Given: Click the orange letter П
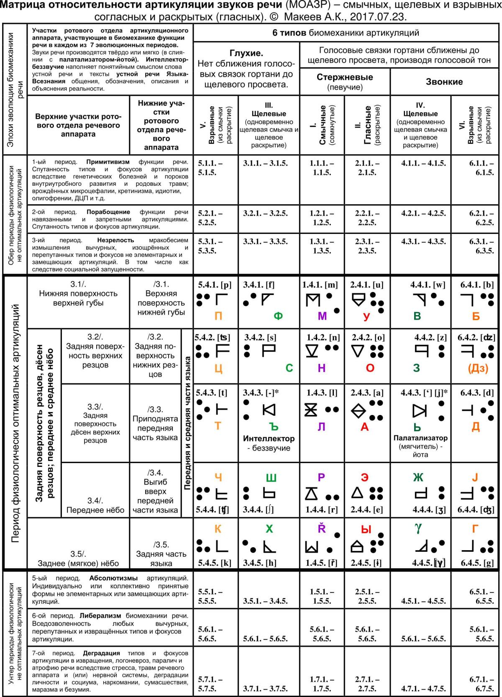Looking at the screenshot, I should [218, 316].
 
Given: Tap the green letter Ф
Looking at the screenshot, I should [278, 316].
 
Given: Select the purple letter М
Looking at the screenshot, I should [322, 316].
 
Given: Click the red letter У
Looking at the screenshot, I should [366, 316].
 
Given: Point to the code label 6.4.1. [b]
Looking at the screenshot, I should [477, 285].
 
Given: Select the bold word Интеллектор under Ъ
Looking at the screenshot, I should [269, 438].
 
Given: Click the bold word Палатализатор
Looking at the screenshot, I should [420, 438].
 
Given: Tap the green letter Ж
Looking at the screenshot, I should [418, 477].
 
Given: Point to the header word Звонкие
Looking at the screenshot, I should [444, 82].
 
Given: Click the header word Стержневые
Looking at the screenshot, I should [345, 77].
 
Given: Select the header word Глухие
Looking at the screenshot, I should [246, 53].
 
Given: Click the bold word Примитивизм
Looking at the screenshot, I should [108, 162].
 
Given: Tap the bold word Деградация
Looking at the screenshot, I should [101, 653].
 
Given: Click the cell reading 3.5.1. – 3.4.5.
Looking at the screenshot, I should [265, 601].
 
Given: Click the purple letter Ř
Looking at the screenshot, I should [322, 528].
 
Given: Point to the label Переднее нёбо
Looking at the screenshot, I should [95, 510].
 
